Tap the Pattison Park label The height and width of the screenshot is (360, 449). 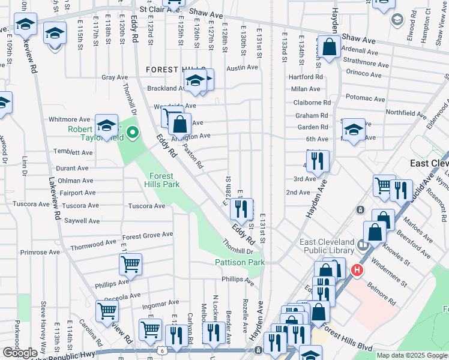tap(240, 263)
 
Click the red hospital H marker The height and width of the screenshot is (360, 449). tap(357, 271)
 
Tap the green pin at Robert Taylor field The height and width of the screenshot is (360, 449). tap(133, 133)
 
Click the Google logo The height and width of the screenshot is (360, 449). tap(20, 353)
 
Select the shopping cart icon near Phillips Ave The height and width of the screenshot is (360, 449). tap(130, 263)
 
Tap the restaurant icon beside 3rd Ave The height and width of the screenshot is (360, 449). tap(318, 161)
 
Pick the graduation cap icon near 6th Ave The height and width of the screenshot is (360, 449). tap(354, 130)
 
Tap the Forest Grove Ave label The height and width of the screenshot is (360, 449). tap(148, 236)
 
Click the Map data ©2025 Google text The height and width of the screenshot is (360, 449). tap(411, 355)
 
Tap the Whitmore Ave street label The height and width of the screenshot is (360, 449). tap(70, 119)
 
